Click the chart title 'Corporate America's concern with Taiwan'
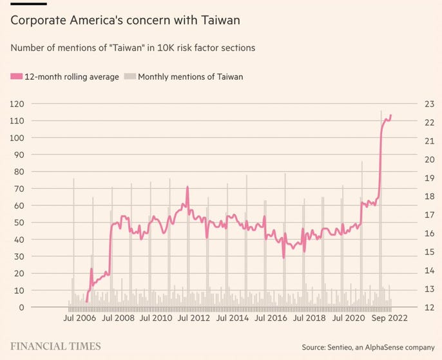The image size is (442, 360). [125, 21]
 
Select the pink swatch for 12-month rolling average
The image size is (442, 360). [16, 77]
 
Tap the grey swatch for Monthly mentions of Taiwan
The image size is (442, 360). [130, 77]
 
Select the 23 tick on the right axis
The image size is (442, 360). [428, 104]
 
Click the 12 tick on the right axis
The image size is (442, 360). [428, 308]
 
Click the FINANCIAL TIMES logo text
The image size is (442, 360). [55, 346]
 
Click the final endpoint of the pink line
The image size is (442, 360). [391, 115]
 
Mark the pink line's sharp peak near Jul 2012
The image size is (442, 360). [187, 187]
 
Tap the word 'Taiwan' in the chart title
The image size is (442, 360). [218, 21]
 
